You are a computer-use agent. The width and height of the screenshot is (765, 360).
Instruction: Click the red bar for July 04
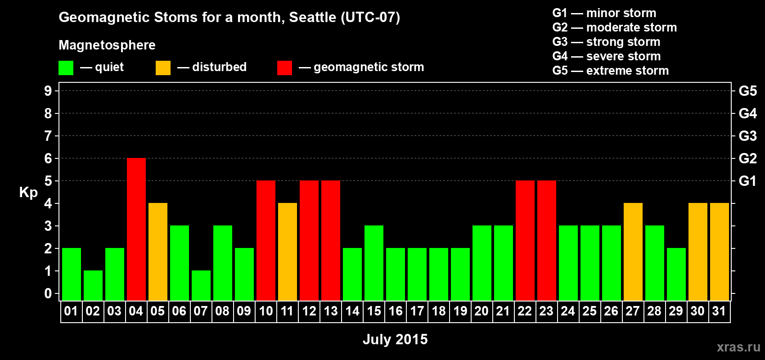coord(136,229)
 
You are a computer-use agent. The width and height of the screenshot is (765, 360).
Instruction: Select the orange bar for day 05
coord(158,252)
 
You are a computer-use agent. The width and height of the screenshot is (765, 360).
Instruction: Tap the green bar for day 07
coord(201,286)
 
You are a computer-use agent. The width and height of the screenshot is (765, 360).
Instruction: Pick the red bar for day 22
coord(525,240)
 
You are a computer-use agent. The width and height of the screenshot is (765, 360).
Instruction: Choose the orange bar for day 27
coord(633,252)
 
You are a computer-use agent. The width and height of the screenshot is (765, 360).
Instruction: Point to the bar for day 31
coord(720,252)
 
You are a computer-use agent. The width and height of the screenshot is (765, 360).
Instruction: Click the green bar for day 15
coord(374,263)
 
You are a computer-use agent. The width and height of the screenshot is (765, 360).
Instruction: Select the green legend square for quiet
coord(66,67)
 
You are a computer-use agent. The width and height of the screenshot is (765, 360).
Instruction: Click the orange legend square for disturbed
coord(163,67)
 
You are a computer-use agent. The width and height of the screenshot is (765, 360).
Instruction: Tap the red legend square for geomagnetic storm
coord(284,67)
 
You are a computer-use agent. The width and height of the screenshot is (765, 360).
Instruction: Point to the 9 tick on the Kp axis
coord(48,91)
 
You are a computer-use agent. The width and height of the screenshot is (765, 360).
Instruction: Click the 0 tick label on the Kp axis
coord(48,293)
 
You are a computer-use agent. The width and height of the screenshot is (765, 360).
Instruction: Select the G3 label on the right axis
coord(747,136)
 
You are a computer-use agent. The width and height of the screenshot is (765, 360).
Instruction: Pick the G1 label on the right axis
coord(747,181)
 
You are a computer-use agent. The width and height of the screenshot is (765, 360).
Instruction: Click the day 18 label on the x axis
coord(439,311)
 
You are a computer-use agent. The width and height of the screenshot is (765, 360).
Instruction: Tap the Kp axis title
coord(28,193)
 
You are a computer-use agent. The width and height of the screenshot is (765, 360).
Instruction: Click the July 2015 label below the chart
coord(395,339)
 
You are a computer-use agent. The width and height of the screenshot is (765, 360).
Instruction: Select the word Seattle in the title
coord(312,18)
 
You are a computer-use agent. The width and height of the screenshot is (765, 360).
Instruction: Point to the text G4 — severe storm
coord(607,56)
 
